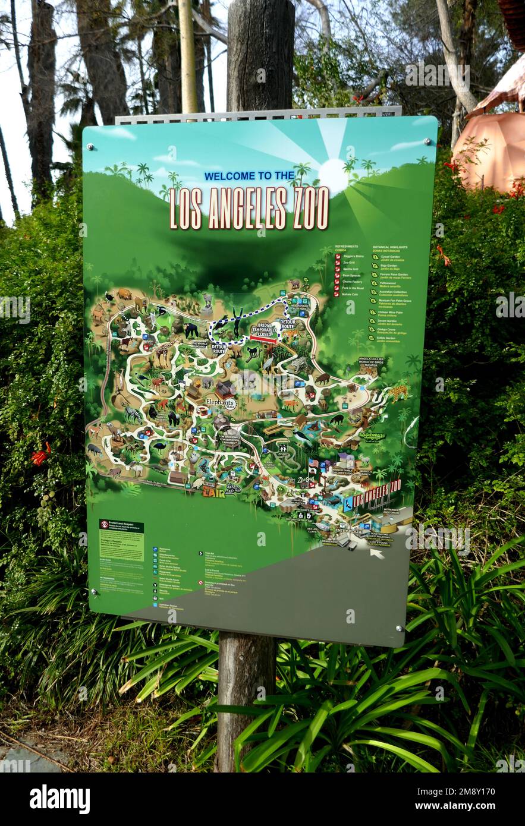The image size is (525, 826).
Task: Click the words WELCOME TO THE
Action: (x=249, y=176)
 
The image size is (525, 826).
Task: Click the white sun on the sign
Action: (x=332, y=175)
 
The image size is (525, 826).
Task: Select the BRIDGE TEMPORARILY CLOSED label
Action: (x=264, y=331)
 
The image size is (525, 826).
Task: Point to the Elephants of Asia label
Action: (x=221, y=403)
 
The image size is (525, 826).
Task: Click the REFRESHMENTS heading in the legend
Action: (x=347, y=246)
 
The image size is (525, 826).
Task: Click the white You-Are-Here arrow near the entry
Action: (x=376, y=553)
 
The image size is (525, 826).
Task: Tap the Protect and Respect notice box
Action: (x=121, y=540)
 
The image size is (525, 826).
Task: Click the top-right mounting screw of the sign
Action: (x=427, y=142)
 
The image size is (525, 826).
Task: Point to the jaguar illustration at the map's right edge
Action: (x=398, y=392)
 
